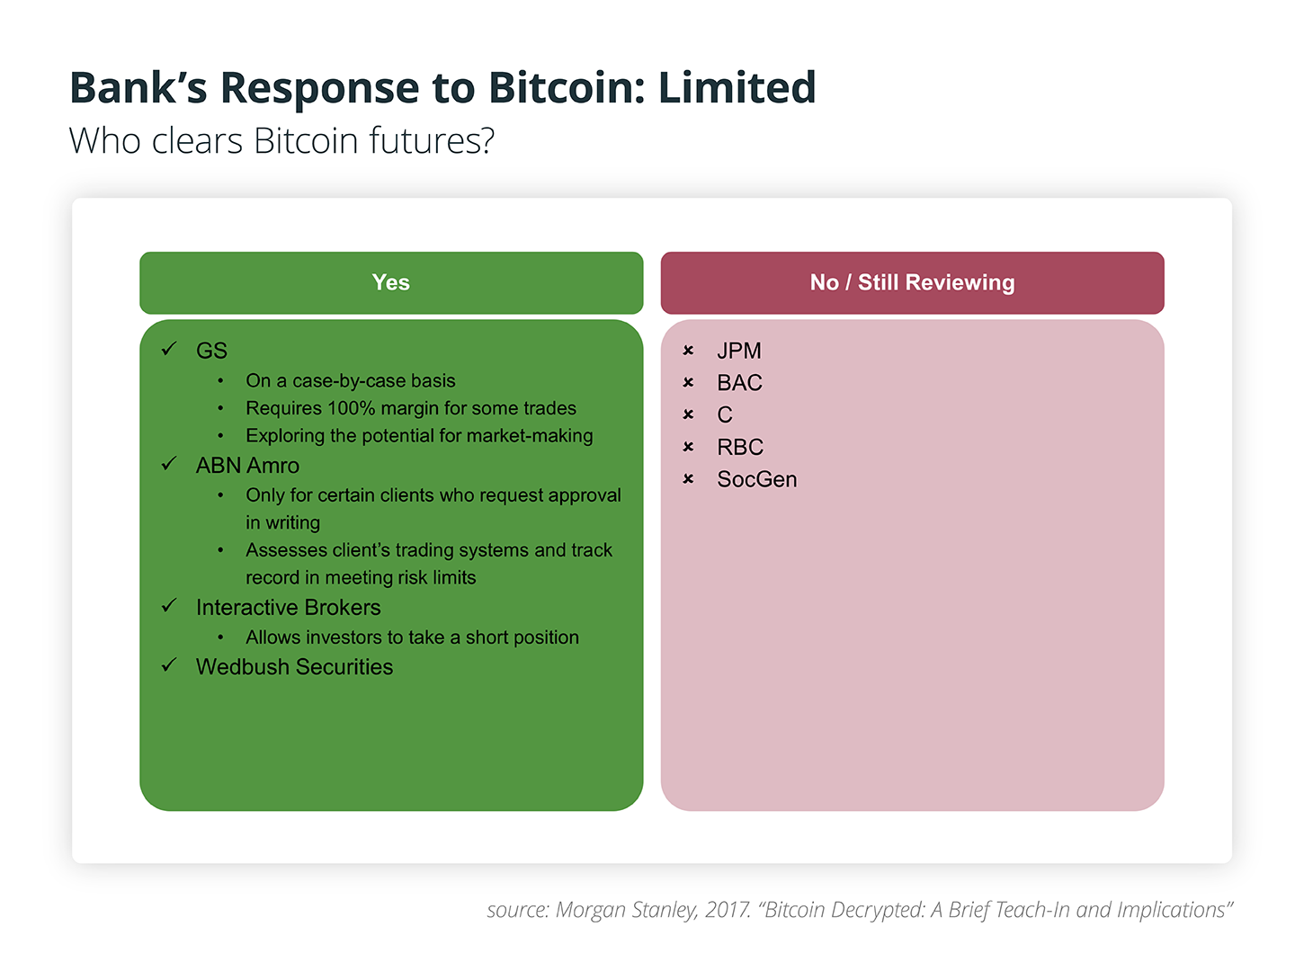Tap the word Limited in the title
[737, 87]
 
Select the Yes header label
[390, 282]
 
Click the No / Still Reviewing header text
[911, 282]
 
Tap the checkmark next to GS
[169, 349]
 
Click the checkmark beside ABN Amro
[169, 463]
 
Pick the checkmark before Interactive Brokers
[169, 605]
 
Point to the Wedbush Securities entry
[294, 666]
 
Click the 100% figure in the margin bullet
[351, 407]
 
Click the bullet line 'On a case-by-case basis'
[351, 381]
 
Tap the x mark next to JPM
[688, 351]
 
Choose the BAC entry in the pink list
[739, 383]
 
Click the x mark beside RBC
[688, 447]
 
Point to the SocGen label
[756, 479]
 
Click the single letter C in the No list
[724, 415]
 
